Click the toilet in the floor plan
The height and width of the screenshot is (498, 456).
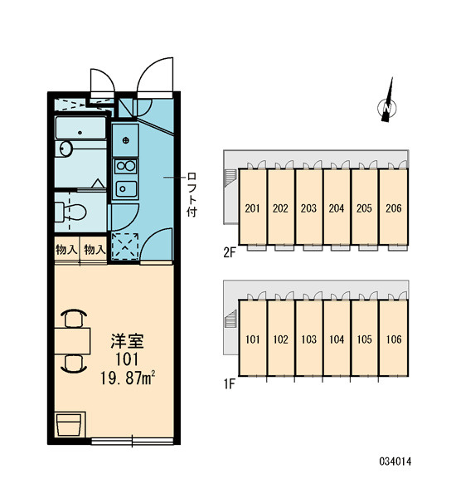point(70,212)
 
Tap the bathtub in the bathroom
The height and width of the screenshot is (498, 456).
point(80,128)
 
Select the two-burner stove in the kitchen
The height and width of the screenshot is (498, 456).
point(126,166)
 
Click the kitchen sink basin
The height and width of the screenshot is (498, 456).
point(126,189)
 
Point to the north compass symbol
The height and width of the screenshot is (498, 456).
point(387,100)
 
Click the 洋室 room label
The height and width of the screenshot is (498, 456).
point(127,341)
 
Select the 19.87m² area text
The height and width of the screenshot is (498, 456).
point(128,378)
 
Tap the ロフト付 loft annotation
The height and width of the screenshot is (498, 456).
point(192,194)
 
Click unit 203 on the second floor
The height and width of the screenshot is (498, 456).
point(308,208)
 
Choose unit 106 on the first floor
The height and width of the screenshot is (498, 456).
point(394,339)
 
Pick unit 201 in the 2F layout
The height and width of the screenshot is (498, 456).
point(253,208)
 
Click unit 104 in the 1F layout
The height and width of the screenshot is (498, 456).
point(337,339)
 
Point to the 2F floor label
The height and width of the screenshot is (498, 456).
point(230,253)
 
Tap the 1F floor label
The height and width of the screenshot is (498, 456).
point(229,384)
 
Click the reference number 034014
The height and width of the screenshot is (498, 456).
point(395,461)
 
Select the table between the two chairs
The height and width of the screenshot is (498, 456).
point(72,341)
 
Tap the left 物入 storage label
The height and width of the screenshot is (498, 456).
point(66,250)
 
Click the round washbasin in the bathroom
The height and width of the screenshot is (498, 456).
point(66,149)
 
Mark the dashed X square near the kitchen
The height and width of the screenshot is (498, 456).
point(125,246)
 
